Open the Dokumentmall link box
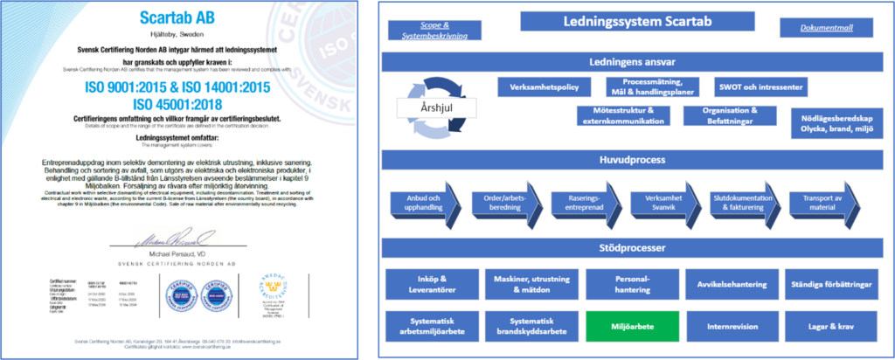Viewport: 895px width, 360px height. (827, 28)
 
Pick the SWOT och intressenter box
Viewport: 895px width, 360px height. (758, 88)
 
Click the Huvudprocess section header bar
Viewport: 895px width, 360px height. (628, 160)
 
